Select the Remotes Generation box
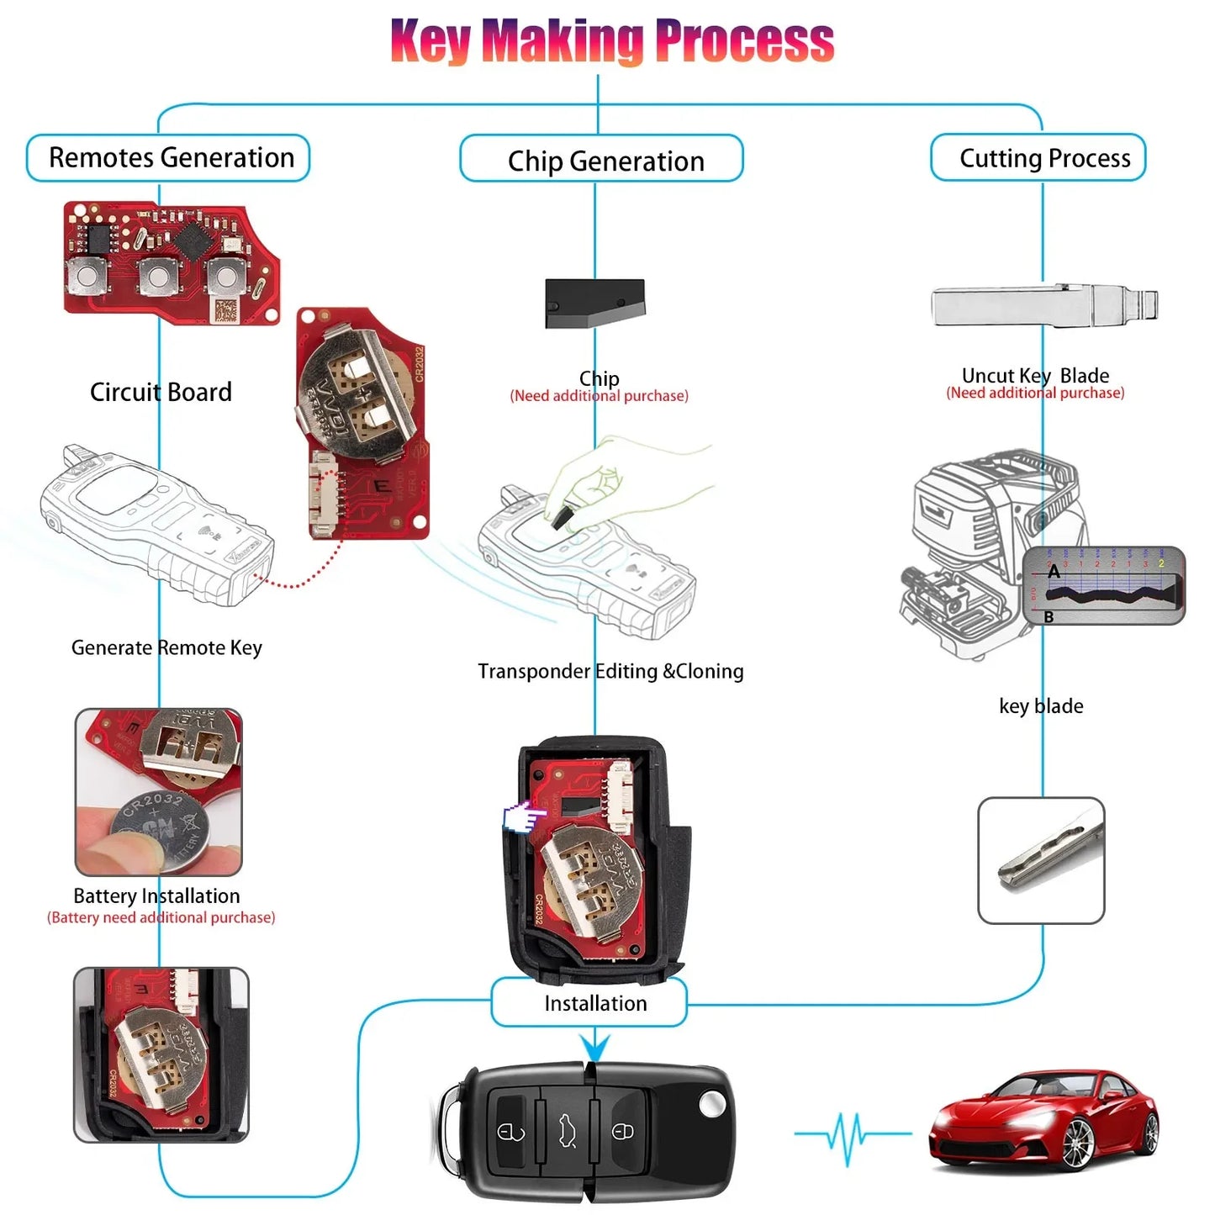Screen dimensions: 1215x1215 click(x=168, y=158)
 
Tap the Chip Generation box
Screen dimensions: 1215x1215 click(x=602, y=160)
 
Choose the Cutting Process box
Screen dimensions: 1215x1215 click(x=1038, y=158)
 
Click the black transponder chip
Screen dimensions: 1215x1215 click(x=594, y=303)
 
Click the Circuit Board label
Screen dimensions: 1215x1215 click(x=161, y=392)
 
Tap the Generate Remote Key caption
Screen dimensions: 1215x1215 click(x=166, y=647)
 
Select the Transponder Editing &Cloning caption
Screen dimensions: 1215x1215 click(x=610, y=671)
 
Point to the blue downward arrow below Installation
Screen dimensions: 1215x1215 click(x=594, y=1048)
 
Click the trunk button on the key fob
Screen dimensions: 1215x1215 click(x=566, y=1132)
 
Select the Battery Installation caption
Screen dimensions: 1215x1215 click(x=156, y=895)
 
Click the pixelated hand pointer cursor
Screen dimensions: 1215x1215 click(x=523, y=816)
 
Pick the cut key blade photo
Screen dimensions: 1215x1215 click(x=1041, y=860)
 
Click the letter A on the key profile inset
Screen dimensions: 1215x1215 click(x=1054, y=572)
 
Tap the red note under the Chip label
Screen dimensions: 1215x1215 click(x=599, y=396)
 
